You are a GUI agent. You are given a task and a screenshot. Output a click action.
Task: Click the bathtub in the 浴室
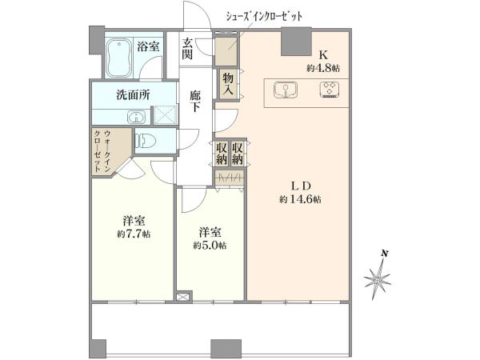tap(119, 58)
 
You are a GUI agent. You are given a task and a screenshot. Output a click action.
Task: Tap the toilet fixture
tap(146, 141)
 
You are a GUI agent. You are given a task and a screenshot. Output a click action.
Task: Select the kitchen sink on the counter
tap(286, 90)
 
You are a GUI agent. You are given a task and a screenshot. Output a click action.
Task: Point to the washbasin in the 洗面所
tap(135, 117)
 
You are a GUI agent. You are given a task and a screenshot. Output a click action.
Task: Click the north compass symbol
tap(378, 275)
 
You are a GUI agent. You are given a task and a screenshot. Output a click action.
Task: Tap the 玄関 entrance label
tap(187, 49)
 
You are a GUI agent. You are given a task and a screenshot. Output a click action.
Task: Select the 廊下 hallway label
tap(194, 102)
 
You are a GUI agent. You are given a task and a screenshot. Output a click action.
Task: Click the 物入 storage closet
tap(228, 84)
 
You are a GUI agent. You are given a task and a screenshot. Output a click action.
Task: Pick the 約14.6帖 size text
tap(300, 199)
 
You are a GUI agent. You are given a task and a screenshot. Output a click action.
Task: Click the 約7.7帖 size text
tap(134, 234)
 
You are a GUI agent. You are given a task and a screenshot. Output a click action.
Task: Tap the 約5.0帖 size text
tap(210, 246)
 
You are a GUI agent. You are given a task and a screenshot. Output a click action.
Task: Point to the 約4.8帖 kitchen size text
tap(323, 68)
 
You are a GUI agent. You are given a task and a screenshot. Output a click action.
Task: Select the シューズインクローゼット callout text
tap(264, 16)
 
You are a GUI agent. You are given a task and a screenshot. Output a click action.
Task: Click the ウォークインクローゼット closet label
tap(102, 151)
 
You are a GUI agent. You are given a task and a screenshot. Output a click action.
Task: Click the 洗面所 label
tap(133, 95)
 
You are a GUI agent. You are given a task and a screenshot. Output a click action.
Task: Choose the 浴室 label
tap(148, 46)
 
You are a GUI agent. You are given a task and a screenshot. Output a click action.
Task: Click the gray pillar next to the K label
tap(296, 42)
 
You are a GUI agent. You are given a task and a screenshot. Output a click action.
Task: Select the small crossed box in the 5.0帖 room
tap(183, 296)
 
